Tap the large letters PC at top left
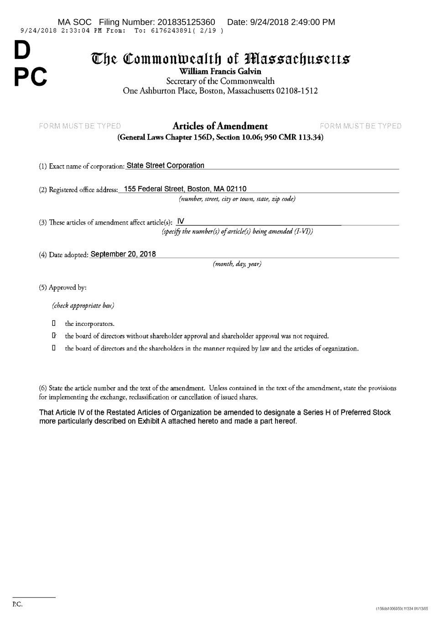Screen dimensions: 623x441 click(x=30, y=77)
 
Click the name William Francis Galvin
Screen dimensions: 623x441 click(x=220, y=71)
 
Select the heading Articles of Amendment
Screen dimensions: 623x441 click(x=220, y=126)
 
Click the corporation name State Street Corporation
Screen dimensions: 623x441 click(x=165, y=166)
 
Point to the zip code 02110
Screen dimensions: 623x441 click(x=236, y=189)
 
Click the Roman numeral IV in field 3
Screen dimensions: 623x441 click(x=180, y=222)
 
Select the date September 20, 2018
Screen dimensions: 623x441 click(x=123, y=254)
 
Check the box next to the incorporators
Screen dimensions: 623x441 click(x=54, y=324)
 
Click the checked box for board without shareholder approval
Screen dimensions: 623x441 click(x=54, y=336)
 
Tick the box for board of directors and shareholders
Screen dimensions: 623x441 click(x=54, y=348)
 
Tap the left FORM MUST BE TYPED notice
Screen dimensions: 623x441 click(x=80, y=126)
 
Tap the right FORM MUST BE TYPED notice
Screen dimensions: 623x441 click(x=361, y=126)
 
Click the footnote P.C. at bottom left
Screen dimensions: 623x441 click(x=17, y=604)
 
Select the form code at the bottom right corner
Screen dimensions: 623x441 click(x=402, y=608)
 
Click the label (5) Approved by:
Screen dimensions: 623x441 click(x=62, y=288)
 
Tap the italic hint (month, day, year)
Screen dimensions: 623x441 click(x=237, y=264)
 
